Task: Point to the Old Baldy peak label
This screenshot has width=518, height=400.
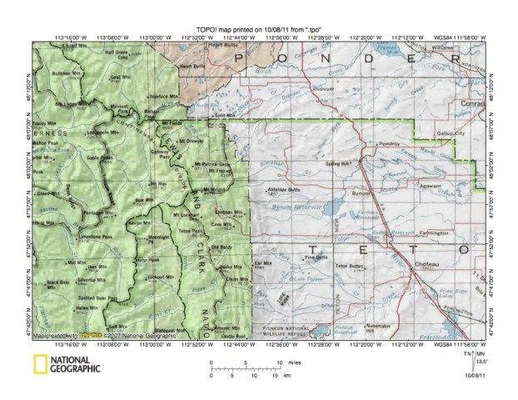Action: (221, 247)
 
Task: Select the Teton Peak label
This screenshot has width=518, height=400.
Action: (191, 231)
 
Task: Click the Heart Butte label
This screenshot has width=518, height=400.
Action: (192, 66)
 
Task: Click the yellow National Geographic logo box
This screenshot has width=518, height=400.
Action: (39, 363)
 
